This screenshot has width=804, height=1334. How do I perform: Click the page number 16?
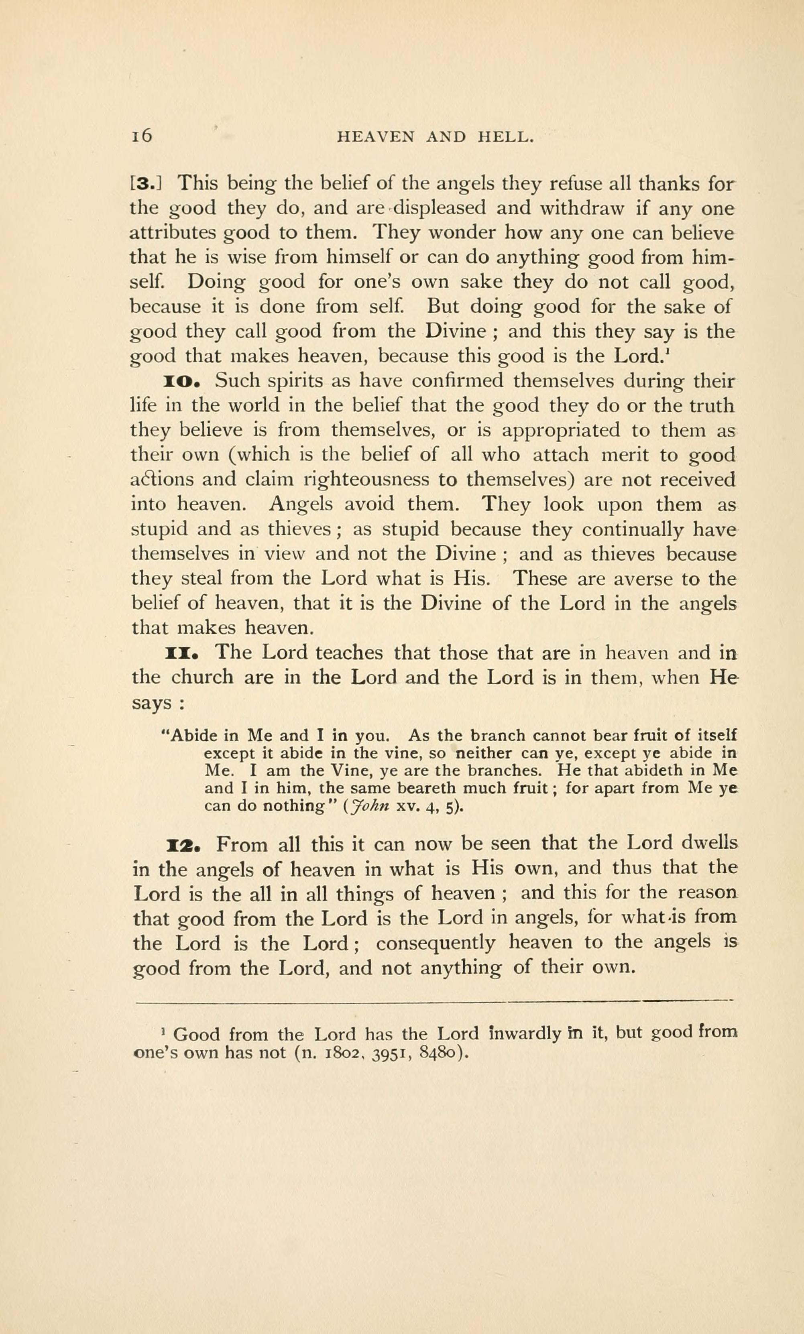pos(142,136)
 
